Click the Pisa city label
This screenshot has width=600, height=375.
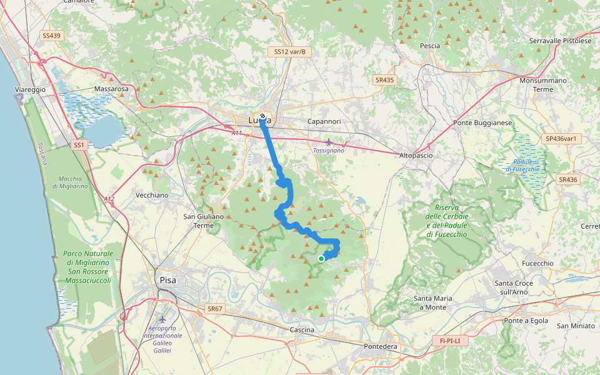167,281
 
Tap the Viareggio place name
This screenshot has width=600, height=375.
30,90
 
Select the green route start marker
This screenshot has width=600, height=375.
321,258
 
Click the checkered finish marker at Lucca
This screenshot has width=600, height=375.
262,116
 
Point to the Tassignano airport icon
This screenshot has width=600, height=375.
329,142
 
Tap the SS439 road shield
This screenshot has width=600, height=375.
51,36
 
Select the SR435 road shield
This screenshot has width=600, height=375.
385,80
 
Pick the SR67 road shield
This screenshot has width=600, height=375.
214,309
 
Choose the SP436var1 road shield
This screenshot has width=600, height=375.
560,138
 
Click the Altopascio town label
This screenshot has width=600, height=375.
415,155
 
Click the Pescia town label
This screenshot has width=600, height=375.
430,46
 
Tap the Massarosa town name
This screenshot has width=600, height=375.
111,89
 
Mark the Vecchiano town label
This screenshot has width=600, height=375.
152,195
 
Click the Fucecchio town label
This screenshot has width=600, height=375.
537,263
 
